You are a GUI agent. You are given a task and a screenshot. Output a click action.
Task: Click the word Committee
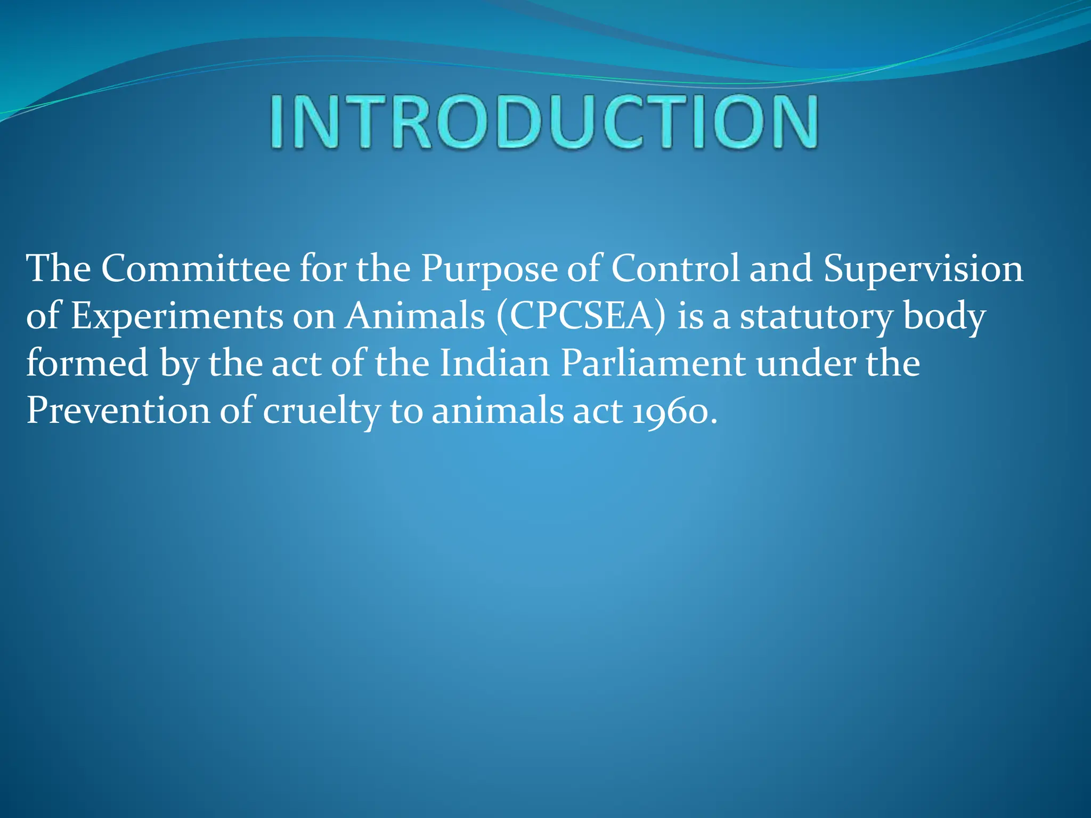[x=196, y=268]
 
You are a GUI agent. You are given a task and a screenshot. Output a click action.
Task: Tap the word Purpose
[x=488, y=268]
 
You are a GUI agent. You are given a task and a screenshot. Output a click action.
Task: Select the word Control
[x=675, y=268]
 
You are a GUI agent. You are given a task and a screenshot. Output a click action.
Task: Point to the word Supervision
[x=923, y=268]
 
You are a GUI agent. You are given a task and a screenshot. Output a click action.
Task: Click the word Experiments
[x=177, y=316]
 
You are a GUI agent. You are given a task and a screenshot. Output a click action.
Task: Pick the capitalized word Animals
[x=415, y=316]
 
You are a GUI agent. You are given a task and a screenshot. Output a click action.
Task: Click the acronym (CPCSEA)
[x=581, y=316]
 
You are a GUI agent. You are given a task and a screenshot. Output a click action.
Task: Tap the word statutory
[x=816, y=316]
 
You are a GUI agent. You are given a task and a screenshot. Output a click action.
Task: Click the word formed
[x=87, y=364]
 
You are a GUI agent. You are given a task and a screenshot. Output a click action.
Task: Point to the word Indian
[x=494, y=364]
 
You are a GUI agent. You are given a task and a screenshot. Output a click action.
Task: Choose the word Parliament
[x=653, y=364]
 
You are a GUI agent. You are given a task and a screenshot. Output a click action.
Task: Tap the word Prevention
[x=118, y=411]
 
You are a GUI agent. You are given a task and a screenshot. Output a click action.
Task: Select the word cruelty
[x=321, y=411]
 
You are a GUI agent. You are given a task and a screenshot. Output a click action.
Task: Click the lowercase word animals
[x=497, y=411]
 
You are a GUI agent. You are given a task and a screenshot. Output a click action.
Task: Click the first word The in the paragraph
[x=59, y=268]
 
